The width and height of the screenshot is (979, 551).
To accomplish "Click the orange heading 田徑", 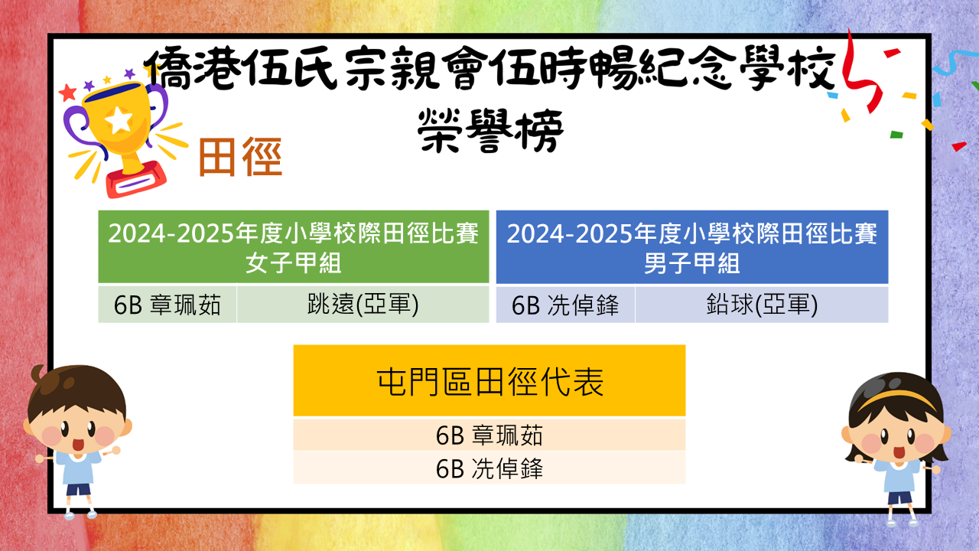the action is click(240, 157).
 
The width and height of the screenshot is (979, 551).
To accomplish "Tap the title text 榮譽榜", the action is click(490, 131).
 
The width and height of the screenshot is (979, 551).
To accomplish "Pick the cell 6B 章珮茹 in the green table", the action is click(168, 305).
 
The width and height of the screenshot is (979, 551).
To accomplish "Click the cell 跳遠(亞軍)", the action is click(363, 304).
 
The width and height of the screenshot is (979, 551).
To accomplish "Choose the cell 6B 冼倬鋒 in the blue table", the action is click(565, 305).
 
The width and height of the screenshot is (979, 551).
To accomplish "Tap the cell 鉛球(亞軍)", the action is click(761, 304).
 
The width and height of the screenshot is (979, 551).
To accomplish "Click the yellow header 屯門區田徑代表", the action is click(489, 380).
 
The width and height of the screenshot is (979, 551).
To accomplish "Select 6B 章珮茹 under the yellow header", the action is click(489, 435).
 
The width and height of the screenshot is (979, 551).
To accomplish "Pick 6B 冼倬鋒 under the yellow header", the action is click(489, 468).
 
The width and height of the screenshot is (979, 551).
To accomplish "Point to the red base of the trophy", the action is click(136, 180).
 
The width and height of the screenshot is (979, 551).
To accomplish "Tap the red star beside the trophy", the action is click(68, 93).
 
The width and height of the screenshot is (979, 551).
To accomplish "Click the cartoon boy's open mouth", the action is click(78, 445).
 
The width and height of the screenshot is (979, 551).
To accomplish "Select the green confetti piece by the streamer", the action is click(896, 134).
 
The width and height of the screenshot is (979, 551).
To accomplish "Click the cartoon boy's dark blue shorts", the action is click(78, 489).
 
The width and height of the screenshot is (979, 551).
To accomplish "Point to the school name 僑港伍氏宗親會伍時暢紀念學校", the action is click(490, 69).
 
